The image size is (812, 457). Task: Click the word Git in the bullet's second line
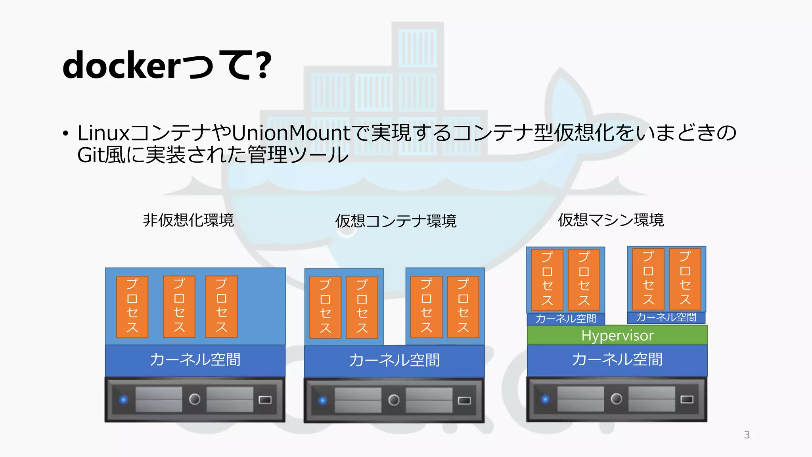click(x=91, y=155)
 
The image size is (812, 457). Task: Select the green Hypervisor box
click(x=617, y=336)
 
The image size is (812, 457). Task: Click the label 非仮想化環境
click(x=188, y=220)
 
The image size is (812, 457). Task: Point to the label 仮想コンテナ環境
click(x=396, y=221)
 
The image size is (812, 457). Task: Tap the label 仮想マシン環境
click(x=611, y=220)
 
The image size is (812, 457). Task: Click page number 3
click(x=747, y=435)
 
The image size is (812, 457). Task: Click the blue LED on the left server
click(x=124, y=399)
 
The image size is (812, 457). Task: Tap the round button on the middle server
click(x=394, y=400)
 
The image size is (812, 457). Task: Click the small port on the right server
click(x=687, y=399)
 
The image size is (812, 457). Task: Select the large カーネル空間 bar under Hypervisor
click(x=617, y=360)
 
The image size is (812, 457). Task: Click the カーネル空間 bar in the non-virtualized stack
click(x=195, y=360)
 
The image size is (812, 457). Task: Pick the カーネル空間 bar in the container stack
click(x=394, y=361)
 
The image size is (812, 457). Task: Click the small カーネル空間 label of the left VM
click(x=565, y=319)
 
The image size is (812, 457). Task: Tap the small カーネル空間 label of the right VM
click(x=666, y=317)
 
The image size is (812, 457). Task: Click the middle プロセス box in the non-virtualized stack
click(x=179, y=306)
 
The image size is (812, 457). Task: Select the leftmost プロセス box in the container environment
click(x=325, y=307)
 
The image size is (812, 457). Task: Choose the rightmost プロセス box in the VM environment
click(x=685, y=279)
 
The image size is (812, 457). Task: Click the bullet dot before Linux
click(x=66, y=134)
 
